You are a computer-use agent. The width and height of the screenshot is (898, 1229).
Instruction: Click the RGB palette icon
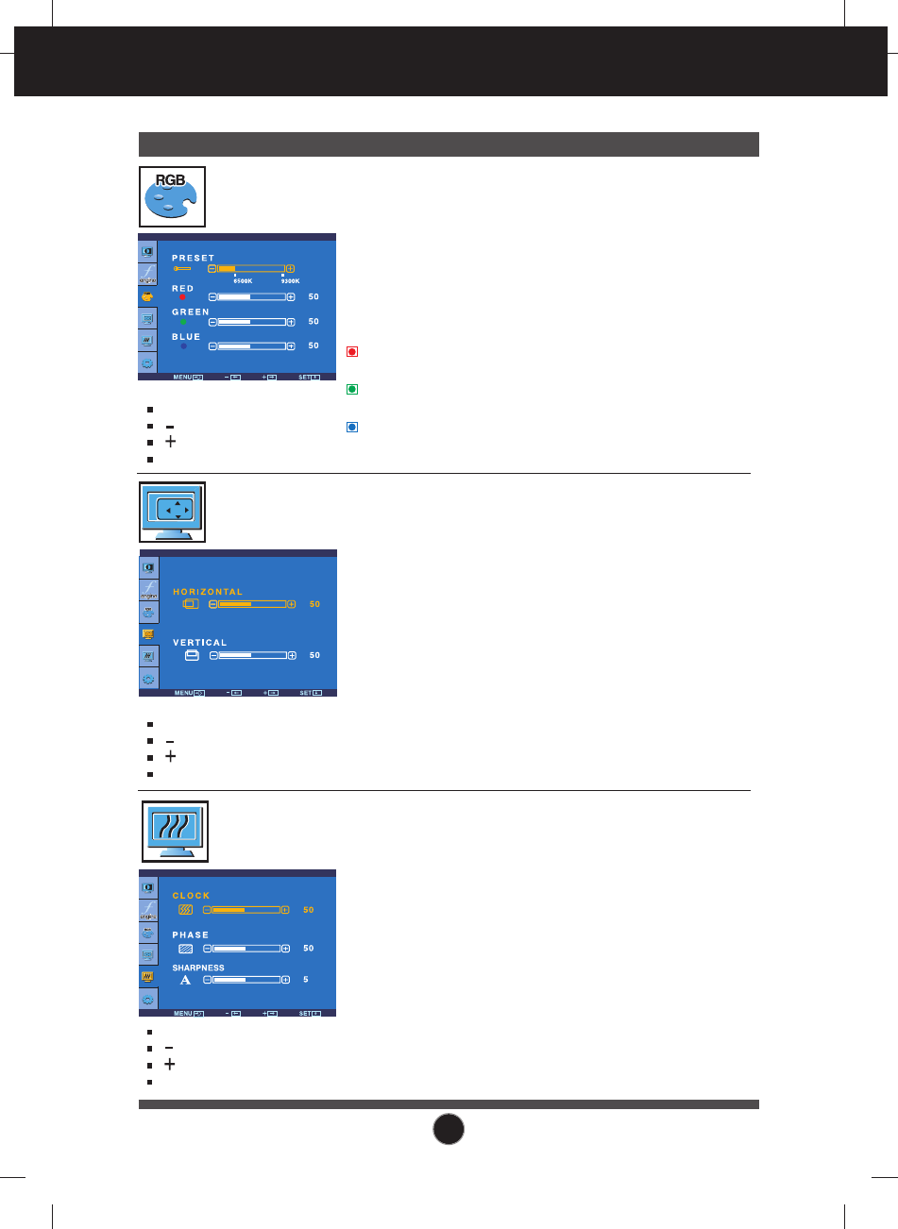(172, 196)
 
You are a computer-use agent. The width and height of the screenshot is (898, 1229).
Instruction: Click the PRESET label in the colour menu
(193, 258)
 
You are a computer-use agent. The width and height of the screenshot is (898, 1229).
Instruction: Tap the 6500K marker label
(243, 280)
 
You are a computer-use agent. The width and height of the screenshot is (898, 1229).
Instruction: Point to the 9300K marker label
(289, 280)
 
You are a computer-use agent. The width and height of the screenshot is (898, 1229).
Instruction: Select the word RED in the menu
(182, 289)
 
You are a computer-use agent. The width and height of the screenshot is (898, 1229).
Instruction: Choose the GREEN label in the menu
(190, 311)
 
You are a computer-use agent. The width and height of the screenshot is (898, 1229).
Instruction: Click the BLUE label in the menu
(186, 336)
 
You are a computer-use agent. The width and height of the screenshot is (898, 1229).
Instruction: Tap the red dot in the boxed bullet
(351, 352)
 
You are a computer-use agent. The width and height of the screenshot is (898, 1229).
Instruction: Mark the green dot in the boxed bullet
(351, 389)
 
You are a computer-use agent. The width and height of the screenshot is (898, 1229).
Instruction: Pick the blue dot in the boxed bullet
(351, 427)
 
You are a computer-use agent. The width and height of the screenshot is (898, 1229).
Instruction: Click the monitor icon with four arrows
(172, 512)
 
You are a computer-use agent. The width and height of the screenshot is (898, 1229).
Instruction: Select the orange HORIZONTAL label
(208, 592)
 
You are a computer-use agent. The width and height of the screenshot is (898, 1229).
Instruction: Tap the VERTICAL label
(199, 643)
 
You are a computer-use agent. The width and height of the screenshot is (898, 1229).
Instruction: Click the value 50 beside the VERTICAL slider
(314, 655)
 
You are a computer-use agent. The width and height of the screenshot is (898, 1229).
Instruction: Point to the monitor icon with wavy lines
(174, 831)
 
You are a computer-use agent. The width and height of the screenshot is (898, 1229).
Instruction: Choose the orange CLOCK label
(191, 896)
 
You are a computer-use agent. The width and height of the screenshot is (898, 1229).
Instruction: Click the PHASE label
(190, 935)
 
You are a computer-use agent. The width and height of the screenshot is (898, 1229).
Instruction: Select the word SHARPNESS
(197, 968)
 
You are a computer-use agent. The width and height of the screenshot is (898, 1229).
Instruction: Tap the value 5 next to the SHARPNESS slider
(306, 980)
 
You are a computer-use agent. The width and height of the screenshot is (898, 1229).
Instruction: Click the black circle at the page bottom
(449, 1129)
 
